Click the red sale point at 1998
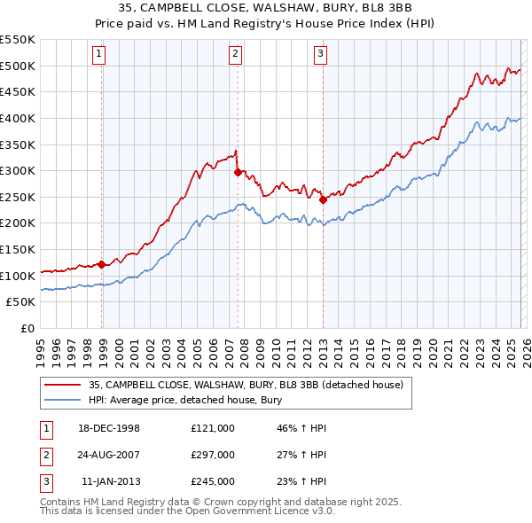click(102, 264)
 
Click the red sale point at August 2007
click(238, 172)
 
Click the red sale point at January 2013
click(323, 199)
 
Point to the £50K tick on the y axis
click(20, 302)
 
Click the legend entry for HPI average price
click(184, 400)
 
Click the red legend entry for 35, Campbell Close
click(246, 385)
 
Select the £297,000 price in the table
click(212, 455)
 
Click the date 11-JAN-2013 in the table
click(110, 481)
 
